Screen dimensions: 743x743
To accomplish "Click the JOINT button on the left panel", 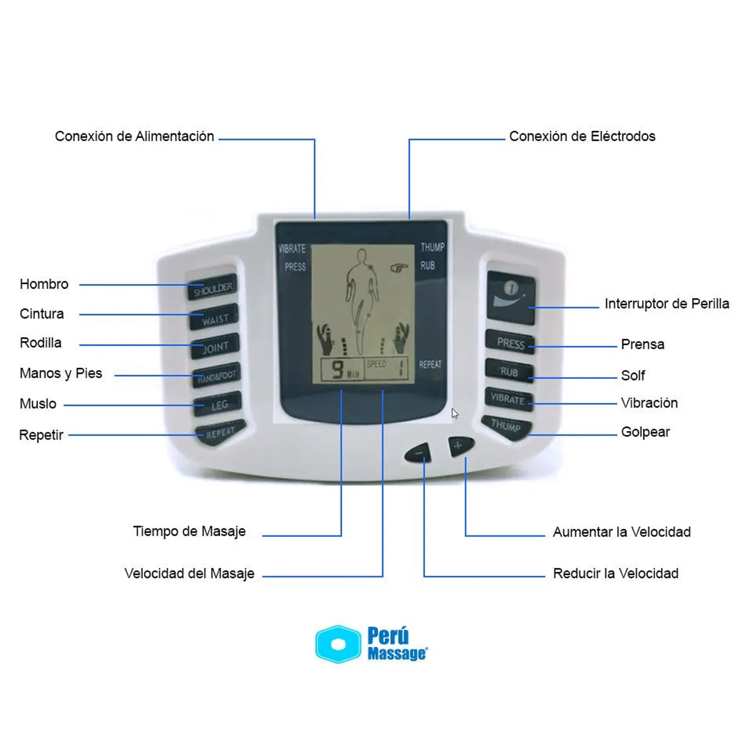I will (215, 347).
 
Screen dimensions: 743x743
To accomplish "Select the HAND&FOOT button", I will (216, 376).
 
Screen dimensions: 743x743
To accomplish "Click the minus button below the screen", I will (418, 452).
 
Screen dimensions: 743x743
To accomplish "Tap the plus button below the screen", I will (460, 446).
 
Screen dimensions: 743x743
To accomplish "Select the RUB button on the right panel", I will (509, 371).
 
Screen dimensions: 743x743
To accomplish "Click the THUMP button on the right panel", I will (506, 426).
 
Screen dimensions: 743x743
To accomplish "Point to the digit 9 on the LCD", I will (338, 369).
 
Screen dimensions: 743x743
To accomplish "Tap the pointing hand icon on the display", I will (399, 268).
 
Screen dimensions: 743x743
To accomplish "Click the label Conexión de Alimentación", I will (134, 136).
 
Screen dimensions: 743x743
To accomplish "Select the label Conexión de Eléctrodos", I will (582, 136).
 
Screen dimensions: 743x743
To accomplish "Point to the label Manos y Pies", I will (61, 373).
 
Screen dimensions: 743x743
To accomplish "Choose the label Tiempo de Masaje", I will (189, 531).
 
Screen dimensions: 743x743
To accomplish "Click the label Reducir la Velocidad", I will (616, 574).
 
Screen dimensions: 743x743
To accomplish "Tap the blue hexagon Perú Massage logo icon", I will (338, 644).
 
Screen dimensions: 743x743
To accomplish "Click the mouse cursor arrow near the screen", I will (454, 413).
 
